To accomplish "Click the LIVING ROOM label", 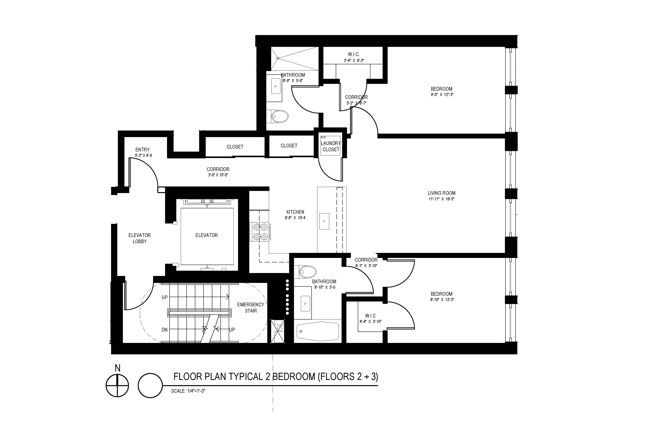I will coord(441,193).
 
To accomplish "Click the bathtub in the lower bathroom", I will coord(318,331).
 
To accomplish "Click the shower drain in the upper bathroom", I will coord(278,58).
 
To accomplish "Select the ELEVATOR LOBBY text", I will coord(140,238).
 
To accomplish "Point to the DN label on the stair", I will coord(164,330).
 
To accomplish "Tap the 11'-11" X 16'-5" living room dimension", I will coord(441,199).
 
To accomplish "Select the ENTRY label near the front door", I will coord(142,150).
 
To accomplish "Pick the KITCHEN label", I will coord(295,212).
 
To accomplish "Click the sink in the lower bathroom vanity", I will coord(305,303).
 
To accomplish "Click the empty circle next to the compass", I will coord(150,386).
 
